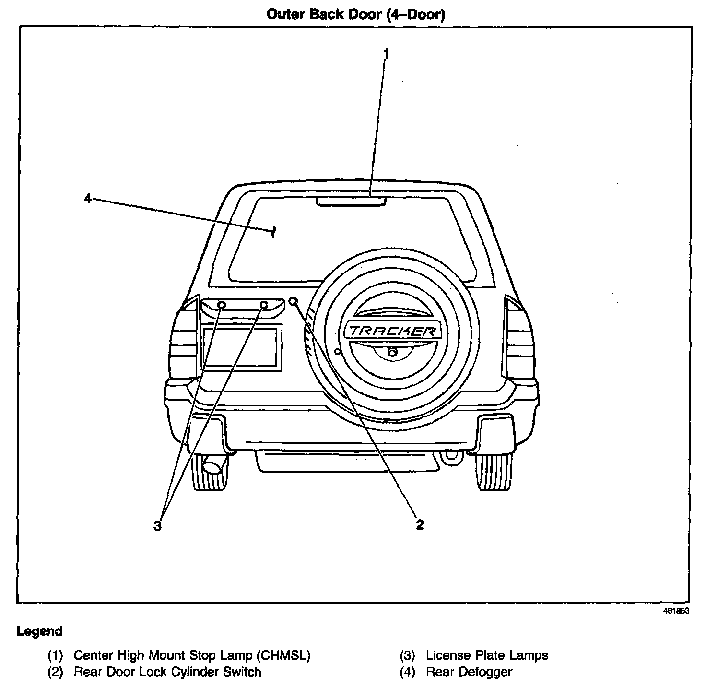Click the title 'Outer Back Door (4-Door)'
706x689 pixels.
click(x=355, y=14)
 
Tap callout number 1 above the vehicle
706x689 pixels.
click(x=385, y=53)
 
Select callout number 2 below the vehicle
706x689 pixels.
click(x=420, y=524)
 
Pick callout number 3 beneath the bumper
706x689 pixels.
click(x=157, y=526)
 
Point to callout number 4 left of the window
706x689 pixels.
click(x=87, y=198)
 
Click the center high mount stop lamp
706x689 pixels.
click(x=351, y=201)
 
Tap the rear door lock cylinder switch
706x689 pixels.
click(x=294, y=301)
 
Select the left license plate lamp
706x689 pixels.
click(x=222, y=305)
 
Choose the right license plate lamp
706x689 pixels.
click(x=264, y=305)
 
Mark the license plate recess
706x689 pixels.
click(x=240, y=346)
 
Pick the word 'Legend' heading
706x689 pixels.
click(x=40, y=631)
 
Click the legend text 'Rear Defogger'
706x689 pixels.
click(x=469, y=672)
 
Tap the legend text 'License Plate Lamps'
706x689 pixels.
click(x=486, y=655)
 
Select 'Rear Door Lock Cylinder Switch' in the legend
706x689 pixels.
click(x=167, y=672)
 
